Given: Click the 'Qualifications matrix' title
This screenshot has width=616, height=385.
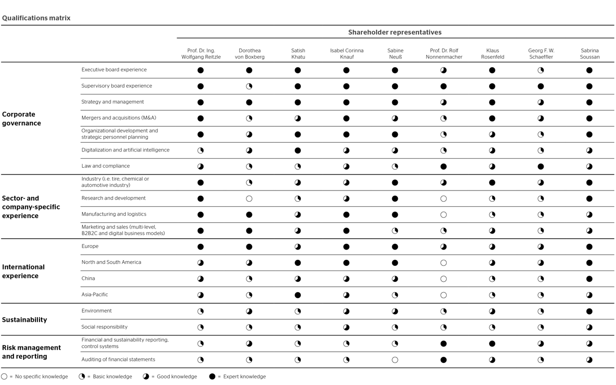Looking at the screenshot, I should tap(36, 18).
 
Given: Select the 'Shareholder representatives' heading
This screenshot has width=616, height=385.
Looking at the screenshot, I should tap(395, 32).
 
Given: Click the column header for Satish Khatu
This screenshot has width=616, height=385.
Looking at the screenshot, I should tap(298, 54).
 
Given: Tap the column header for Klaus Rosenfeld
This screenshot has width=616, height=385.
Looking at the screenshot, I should tap(492, 54).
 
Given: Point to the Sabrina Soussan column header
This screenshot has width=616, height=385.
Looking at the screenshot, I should tap(589, 54).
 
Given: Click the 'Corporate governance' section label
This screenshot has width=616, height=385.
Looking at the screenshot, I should tap(22, 119).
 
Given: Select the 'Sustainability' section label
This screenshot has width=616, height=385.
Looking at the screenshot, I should tap(25, 320).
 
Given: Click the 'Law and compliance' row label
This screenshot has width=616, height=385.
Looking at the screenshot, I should tap(105, 166).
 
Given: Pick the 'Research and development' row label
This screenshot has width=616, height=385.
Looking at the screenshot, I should tap(113, 198).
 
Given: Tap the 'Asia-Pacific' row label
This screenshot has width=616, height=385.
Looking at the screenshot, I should tap(94, 295).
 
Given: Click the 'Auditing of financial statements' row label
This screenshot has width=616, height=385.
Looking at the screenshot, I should tap(118, 359).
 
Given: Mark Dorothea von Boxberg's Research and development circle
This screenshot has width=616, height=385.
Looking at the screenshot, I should tap(249, 199).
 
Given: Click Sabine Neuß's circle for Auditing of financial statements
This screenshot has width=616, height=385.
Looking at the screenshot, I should tap(395, 360).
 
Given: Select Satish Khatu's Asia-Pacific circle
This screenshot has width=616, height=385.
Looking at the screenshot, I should tap(298, 295).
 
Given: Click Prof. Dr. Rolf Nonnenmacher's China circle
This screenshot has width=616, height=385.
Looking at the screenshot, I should tap(444, 279).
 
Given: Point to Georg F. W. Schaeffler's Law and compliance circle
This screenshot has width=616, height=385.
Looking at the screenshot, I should tap(541, 166).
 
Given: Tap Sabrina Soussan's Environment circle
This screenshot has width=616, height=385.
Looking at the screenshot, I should tap(589, 311).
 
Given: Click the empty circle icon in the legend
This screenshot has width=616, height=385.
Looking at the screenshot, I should tap(5, 377).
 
